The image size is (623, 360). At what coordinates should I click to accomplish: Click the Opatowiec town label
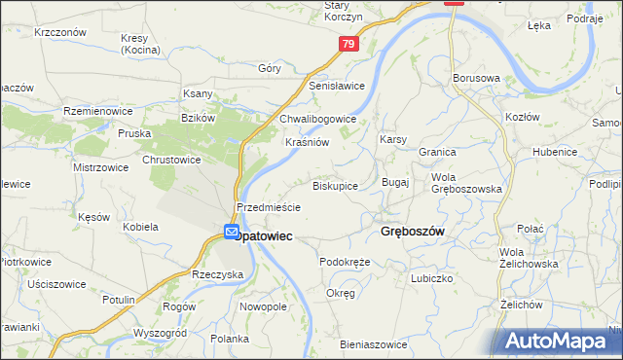(x=264, y=236)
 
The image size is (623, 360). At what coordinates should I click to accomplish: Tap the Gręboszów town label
(x=407, y=233)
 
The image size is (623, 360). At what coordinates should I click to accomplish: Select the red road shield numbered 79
(x=350, y=44)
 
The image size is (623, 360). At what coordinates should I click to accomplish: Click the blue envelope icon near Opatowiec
(x=233, y=232)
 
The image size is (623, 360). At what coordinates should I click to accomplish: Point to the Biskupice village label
(x=335, y=185)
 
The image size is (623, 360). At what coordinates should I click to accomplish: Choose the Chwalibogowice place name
(x=318, y=119)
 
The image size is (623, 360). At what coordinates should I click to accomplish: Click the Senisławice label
(x=337, y=86)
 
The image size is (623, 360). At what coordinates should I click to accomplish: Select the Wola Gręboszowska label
(x=467, y=183)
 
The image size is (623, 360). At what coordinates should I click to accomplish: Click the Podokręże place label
(x=345, y=262)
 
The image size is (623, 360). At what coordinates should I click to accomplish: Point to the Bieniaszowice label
(x=373, y=344)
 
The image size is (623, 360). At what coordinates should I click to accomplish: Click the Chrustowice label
(x=171, y=159)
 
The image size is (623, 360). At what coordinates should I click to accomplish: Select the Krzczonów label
(x=60, y=32)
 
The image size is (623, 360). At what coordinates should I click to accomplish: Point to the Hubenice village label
(x=555, y=152)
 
